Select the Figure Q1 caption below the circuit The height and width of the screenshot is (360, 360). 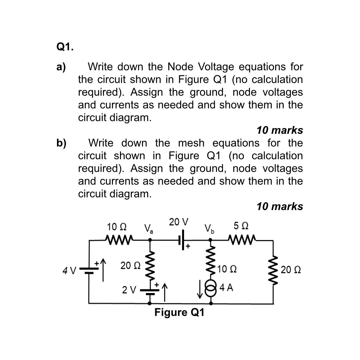(179, 312)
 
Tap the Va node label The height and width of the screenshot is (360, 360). (148, 228)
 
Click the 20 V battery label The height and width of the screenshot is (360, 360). (179, 222)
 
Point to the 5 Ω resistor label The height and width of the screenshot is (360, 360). (241, 226)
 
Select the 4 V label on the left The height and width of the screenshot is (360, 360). (69, 271)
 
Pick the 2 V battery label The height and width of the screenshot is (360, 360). (129, 290)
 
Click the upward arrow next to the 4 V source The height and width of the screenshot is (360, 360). (103, 270)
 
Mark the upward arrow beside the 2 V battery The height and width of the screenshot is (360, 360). (164, 292)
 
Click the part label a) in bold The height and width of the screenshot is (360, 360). (61, 67)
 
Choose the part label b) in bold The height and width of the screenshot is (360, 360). (61, 143)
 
